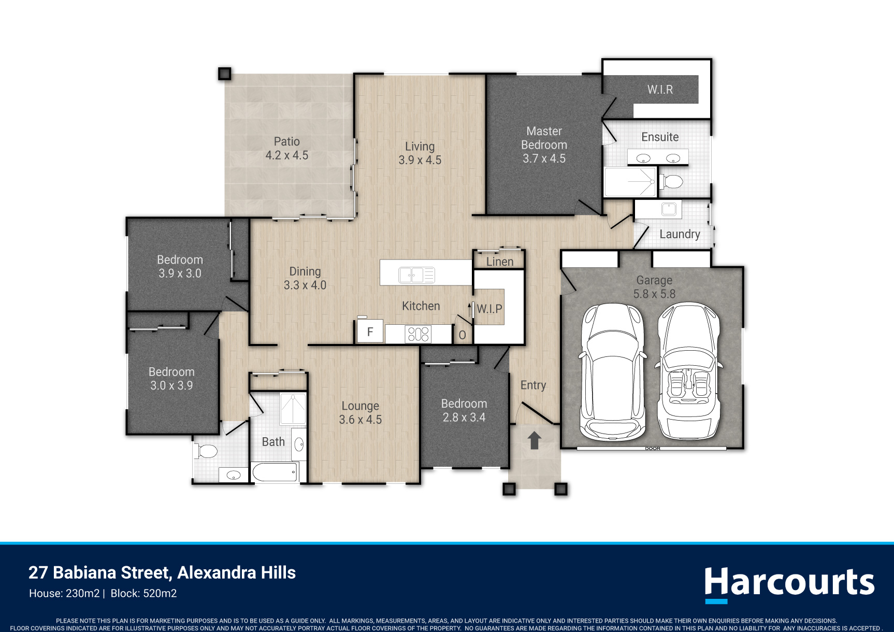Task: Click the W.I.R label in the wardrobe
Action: [x=660, y=90]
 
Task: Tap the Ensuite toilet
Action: [x=672, y=182]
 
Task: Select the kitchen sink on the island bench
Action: [x=416, y=275]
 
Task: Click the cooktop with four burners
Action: [x=419, y=334]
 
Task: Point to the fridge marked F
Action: [x=370, y=332]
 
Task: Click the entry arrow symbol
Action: [x=535, y=440]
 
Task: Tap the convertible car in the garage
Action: [x=688, y=371]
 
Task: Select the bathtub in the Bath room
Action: [x=275, y=472]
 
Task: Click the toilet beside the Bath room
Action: [x=206, y=451]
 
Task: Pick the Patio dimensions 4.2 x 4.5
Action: [x=287, y=155]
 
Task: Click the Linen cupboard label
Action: [x=500, y=262]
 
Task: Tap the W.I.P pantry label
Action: [x=489, y=309]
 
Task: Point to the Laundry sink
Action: [x=669, y=209]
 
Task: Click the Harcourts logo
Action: [x=789, y=584]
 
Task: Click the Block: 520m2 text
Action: [x=144, y=594]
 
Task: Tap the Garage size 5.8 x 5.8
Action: [x=654, y=294]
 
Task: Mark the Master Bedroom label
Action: [x=544, y=138]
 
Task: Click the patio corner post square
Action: [x=224, y=74]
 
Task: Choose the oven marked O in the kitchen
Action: [x=462, y=335]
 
